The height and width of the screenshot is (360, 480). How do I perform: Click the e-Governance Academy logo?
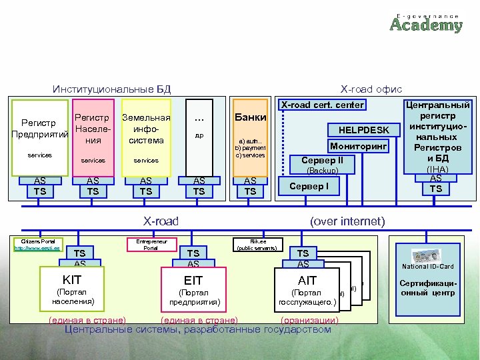[x=425, y=22]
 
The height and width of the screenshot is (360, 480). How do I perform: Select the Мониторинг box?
[x=359, y=145]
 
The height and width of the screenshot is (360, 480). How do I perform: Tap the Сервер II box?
[x=322, y=161]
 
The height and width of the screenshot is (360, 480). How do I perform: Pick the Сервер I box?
[x=309, y=186]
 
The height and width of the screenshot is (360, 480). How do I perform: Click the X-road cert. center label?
[x=322, y=105]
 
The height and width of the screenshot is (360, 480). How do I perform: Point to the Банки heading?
[x=250, y=117]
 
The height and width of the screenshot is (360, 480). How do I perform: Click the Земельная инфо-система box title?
[x=146, y=129]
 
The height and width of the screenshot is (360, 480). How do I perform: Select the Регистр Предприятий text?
[x=39, y=129]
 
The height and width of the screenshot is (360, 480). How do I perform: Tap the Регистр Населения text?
[x=93, y=129]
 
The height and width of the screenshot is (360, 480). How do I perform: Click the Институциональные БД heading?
[x=112, y=89]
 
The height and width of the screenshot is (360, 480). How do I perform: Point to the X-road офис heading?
[x=371, y=89]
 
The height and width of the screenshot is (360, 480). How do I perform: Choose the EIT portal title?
[x=194, y=280]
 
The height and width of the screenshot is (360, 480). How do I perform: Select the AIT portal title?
[x=307, y=280]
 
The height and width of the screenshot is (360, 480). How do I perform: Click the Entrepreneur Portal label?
[x=151, y=244]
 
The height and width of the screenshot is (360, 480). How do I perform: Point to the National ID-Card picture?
[x=427, y=257]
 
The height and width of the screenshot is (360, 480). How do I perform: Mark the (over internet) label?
[x=347, y=221]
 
